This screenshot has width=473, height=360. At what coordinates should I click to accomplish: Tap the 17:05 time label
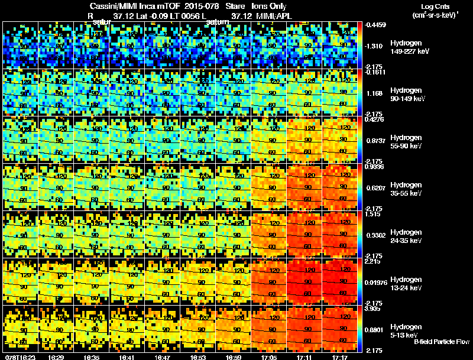(x=269, y=357)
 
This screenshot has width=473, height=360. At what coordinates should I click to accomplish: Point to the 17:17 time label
(x=340, y=357)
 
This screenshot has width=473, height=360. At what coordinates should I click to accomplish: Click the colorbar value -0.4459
(x=376, y=25)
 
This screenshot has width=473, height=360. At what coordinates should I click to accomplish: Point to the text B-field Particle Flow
(x=442, y=342)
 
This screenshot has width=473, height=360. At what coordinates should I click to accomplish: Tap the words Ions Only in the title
(x=270, y=6)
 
